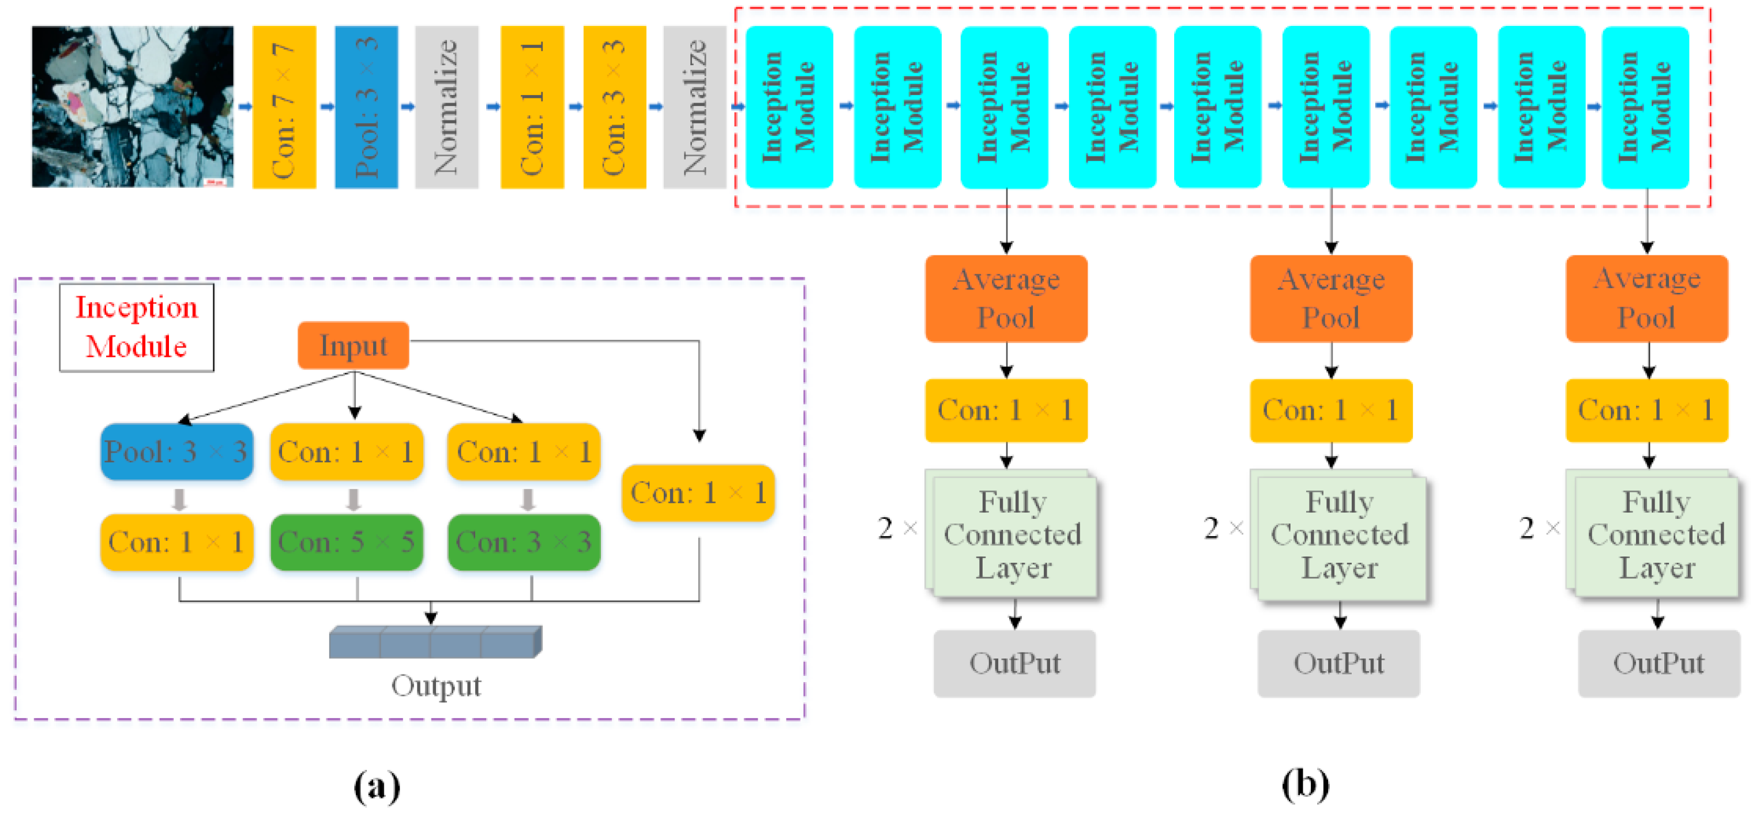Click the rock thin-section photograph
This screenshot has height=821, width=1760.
click(x=133, y=107)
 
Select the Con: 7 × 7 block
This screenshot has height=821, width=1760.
click(x=284, y=107)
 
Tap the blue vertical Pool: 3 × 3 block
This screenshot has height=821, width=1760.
click(x=366, y=107)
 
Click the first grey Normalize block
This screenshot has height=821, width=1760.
click(x=447, y=107)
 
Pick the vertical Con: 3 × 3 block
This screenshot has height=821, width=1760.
click(x=615, y=107)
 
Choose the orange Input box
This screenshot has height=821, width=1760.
click(x=354, y=345)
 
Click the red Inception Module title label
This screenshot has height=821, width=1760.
click(x=137, y=327)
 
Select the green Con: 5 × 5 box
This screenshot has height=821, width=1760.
click(x=347, y=543)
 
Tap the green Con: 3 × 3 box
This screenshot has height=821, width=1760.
click(x=524, y=543)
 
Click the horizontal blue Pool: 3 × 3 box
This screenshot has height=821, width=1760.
click(x=177, y=451)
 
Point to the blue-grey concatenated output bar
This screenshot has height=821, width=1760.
click(x=436, y=642)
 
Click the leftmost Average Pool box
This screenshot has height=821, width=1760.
click(x=1006, y=299)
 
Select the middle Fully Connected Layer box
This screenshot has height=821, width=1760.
click(x=1339, y=536)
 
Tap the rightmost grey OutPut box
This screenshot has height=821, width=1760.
click(x=1659, y=663)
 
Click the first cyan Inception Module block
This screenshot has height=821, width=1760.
click(x=789, y=107)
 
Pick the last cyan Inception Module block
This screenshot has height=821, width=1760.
click(x=1645, y=107)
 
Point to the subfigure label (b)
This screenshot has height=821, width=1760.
click(x=1306, y=784)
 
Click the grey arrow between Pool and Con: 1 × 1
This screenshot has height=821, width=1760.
click(x=179, y=499)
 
